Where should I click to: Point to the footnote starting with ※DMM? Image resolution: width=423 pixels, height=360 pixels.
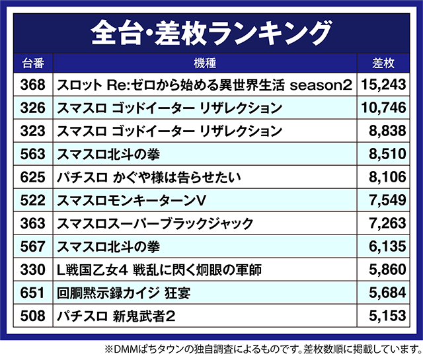click(262, 348)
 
